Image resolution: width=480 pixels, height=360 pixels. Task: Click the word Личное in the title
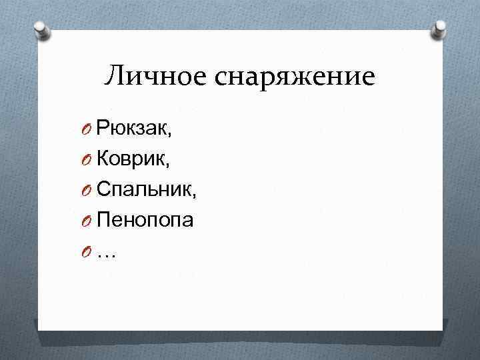(x=156, y=77)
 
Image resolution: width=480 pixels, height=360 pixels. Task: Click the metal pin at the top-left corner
(x=40, y=29)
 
